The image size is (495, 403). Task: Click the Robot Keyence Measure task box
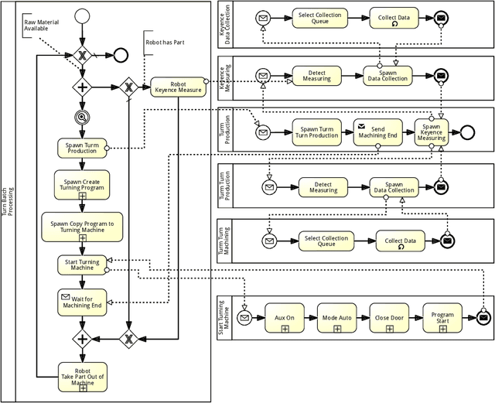[178, 87]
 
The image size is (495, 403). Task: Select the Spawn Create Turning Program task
[82, 186]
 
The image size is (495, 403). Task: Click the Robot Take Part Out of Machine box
[82, 376]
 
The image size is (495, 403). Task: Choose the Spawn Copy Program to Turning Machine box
[82, 227]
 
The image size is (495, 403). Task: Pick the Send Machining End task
[378, 132]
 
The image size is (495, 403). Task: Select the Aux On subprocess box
[285, 318]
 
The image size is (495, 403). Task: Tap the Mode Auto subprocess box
[337, 318]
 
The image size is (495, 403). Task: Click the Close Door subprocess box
[390, 318]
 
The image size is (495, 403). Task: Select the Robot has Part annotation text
[165, 43]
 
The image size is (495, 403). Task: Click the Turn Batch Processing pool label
[8, 201]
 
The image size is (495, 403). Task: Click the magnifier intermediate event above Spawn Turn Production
[82, 117]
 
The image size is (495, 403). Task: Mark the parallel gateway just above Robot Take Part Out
[82, 338]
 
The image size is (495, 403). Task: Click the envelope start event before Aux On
[245, 318]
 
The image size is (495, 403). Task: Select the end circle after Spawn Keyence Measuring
[466, 131]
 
